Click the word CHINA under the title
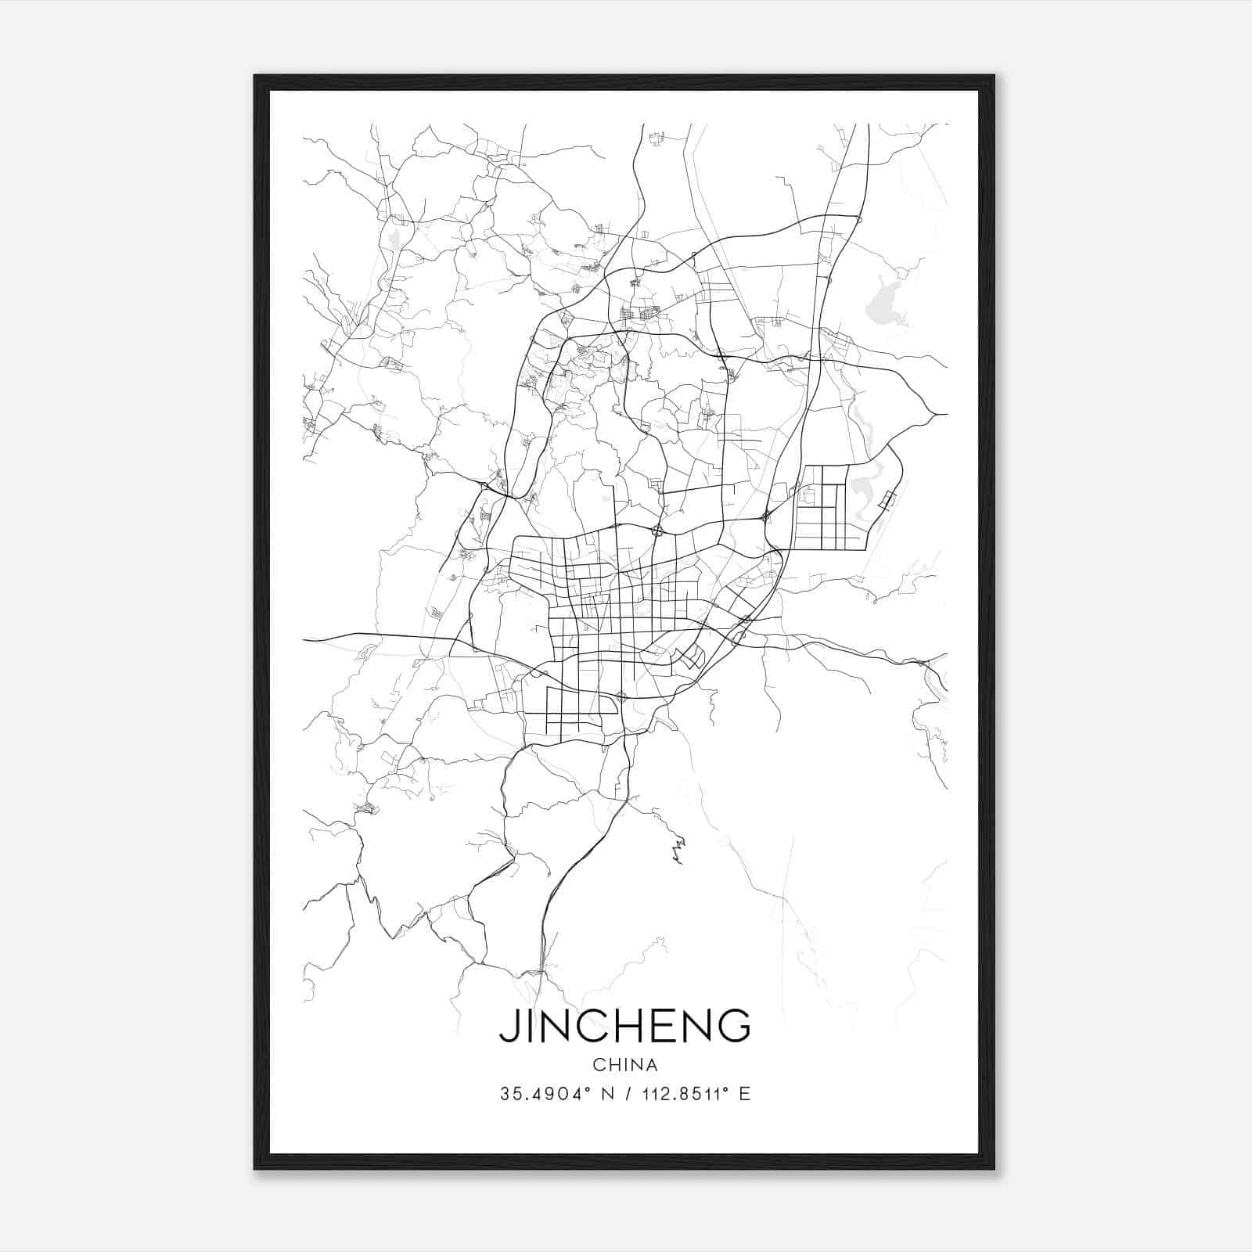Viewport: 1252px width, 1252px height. point(624,1065)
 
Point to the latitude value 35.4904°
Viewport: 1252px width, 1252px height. point(541,1094)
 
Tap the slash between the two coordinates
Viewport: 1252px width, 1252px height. point(624,1094)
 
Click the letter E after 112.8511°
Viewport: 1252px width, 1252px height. point(744,1094)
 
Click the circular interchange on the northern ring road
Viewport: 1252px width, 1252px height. point(657,531)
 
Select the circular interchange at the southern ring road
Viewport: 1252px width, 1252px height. point(622,696)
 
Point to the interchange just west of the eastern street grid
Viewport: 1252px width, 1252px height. point(765,516)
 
